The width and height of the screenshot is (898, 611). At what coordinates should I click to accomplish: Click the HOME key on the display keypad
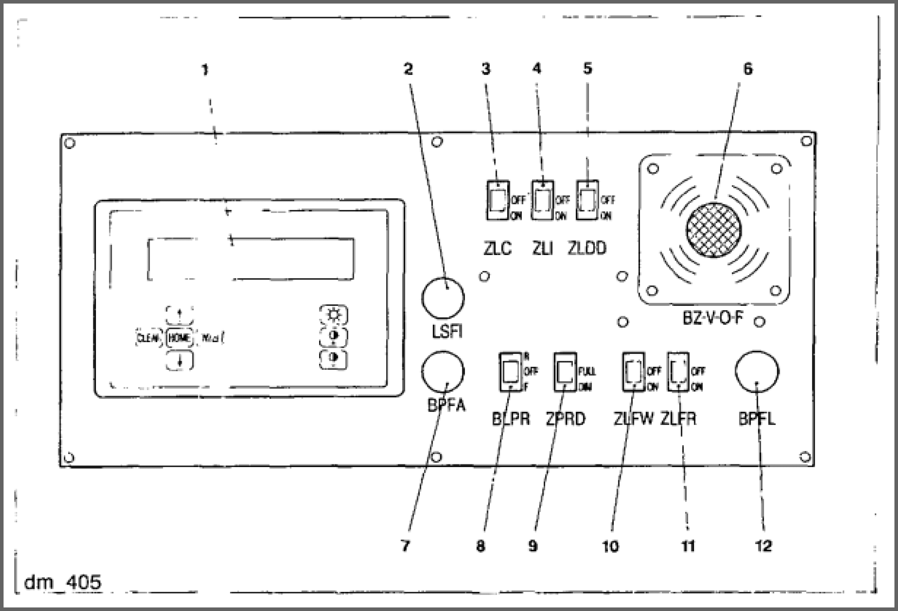[179, 339]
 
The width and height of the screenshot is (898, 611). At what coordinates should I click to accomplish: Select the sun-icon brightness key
[333, 315]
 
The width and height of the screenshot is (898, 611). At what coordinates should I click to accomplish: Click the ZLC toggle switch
[498, 200]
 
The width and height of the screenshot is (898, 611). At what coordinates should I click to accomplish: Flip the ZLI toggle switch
[542, 200]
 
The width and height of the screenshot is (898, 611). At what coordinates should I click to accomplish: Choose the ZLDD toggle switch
[587, 200]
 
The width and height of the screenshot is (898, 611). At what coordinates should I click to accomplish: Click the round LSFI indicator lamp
[443, 298]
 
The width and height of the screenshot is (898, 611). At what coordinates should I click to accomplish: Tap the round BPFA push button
[443, 372]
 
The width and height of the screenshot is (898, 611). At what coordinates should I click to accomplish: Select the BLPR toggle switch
[511, 372]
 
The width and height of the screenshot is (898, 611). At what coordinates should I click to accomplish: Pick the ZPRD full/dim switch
[565, 372]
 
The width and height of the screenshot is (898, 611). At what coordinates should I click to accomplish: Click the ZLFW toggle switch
[633, 372]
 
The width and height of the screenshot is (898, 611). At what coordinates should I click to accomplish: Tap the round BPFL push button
[757, 372]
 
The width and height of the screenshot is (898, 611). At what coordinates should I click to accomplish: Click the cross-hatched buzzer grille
[714, 230]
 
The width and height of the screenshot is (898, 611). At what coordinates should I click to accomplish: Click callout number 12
[763, 546]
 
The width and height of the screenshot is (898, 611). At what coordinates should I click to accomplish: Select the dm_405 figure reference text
[62, 582]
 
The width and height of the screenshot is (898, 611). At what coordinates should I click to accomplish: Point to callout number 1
[205, 70]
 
